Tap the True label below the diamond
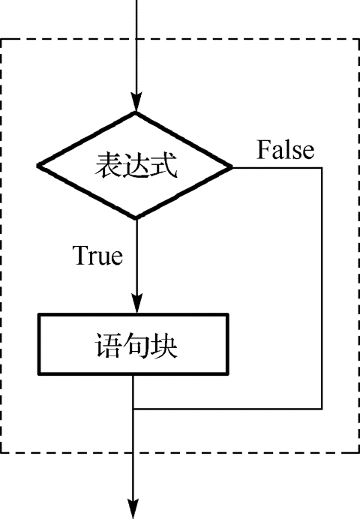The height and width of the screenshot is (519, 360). pyautogui.click(x=97, y=256)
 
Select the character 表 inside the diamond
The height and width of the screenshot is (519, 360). pyautogui.click(x=108, y=166)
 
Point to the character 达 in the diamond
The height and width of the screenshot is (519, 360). pyautogui.click(x=136, y=166)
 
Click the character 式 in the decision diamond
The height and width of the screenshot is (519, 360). pyautogui.click(x=164, y=166)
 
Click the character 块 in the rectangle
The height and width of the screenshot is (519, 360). pyautogui.click(x=164, y=346)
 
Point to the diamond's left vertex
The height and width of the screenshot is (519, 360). pyautogui.click(x=39, y=166)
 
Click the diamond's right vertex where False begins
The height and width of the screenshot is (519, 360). pyautogui.click(x=232, y=166)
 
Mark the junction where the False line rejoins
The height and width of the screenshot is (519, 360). pyautogui.click(x=136, y=409)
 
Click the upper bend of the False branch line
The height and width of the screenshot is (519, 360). pyautogui.click(x=322, y=166)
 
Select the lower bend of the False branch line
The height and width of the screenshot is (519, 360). pyautogui.click(x=322, y=409)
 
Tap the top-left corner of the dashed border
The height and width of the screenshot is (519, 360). pyautogui.click(x=3, y=37)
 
